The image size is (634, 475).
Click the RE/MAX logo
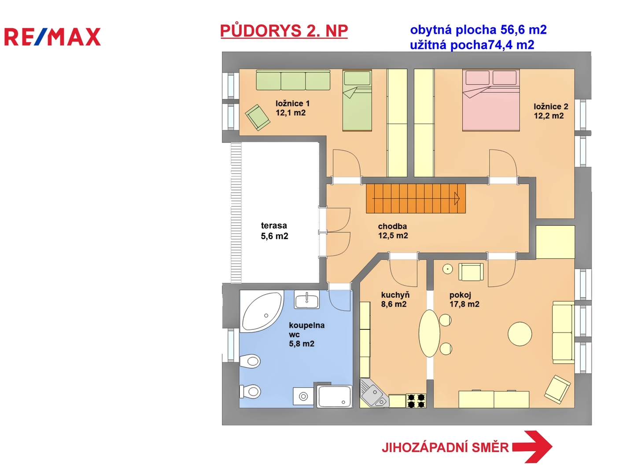coord(52,37)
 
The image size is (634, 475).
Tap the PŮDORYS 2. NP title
coord(284,31)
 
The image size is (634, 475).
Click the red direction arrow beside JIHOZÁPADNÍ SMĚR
coord(532,447)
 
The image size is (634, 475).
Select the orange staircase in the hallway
coord(416,198)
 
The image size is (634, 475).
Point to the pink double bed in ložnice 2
coord(491,100)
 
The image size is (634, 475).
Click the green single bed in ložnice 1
coord(357,100)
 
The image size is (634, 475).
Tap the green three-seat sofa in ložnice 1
coord(293,80)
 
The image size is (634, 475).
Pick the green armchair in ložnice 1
coord(258,117)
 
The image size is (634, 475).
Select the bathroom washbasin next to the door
coord(307,300)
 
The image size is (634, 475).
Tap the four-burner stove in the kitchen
coord(416,401)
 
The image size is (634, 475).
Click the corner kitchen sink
coord(374,393)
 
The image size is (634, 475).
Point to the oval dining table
coord(429,333)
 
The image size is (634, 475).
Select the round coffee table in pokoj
coord(520,334)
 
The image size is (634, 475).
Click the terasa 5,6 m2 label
coord(274,231)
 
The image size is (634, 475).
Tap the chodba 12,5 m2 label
coord(393,231)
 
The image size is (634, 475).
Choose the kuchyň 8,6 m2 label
coord(395,300)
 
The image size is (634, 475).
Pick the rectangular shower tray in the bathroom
coord(335,396)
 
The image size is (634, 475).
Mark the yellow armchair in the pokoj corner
coord(557,389)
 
